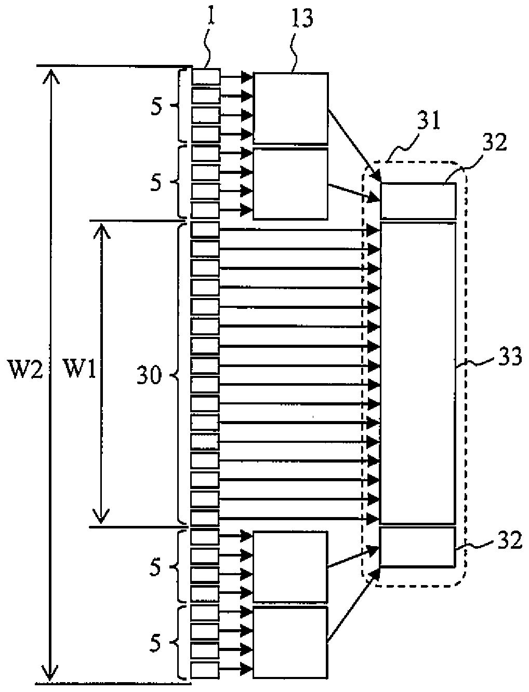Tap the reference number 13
tap(301, 19)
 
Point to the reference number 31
tap(428, 121)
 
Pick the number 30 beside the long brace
tap(149, 376)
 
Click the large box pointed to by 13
tap(290, 108)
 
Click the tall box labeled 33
tap(418, 373)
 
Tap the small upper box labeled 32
tap(418, 201)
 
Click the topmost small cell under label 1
tap(206, 77)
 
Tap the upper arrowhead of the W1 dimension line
tap(101, 231)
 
